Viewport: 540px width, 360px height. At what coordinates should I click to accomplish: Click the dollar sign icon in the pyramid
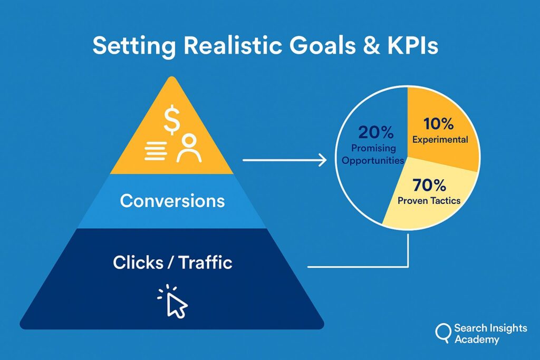click(171, 120)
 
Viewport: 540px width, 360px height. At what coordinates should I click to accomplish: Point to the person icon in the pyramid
click(189, 148)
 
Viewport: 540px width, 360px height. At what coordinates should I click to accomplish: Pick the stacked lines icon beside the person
click(156, 151)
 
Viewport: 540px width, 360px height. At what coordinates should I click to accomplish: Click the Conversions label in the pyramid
click(172, 201)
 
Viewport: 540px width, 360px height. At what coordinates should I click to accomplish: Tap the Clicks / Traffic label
click(172, 262)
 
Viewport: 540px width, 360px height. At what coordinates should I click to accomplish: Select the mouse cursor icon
click(173, 301)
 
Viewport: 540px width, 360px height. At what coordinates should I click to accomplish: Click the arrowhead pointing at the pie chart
click(323, 160)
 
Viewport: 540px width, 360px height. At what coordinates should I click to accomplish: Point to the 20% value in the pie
click(375, 132)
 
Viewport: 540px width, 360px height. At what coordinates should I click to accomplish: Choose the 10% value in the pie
click(438, 124)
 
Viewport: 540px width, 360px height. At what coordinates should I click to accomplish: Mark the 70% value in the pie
click(429, 185)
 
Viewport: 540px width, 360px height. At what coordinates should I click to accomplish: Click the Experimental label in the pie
click(440, 140)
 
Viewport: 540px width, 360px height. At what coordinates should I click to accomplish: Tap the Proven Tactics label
click(429, 201)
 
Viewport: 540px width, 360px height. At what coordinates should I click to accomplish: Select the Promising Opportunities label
click(373, 154)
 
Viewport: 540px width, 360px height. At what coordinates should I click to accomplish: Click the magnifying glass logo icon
click(443, 333)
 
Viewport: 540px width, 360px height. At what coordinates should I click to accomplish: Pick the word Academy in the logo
click(477, 339)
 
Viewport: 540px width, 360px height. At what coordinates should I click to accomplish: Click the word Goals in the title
click(322, 45)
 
